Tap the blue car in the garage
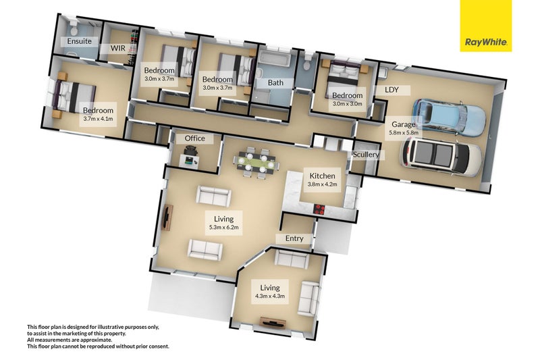coord(449,116)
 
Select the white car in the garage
coord(442,157)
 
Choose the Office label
coord(194,138)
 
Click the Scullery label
coord(366,155)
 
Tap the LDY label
coord(391,89)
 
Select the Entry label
coord(294,238)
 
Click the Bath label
coord(275,83)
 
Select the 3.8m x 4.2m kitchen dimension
coord(323,184)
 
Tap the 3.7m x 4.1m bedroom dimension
coord(98,119)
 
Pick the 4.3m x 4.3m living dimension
coord(270,296)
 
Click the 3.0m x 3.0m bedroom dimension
coord(347,104)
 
